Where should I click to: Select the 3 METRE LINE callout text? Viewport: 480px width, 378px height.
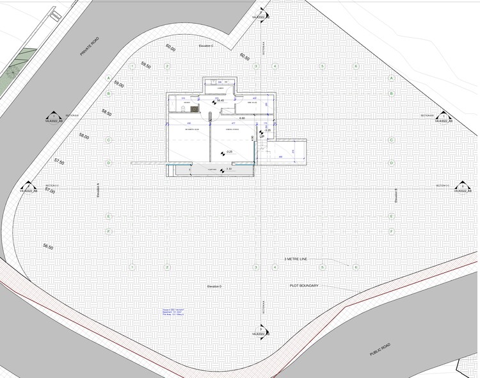pos(296,259)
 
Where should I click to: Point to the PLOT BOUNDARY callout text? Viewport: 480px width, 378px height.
pos(305,286)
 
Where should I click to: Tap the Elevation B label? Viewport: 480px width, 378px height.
pos(397,196)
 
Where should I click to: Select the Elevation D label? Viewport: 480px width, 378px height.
pos(211,286)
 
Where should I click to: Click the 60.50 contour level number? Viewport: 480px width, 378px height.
pos(244,56)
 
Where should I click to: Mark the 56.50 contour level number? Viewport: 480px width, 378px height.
pos(47,246)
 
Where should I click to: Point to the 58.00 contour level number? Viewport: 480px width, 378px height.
pos(83,136)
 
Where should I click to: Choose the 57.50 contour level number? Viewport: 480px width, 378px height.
pos(59,162)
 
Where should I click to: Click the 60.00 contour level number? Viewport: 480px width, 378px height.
pos(170,47)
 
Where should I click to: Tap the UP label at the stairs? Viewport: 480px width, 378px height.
pos(262,136)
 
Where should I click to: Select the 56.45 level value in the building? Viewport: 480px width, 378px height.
pos(220,101)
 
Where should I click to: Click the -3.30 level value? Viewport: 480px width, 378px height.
pos(228,168)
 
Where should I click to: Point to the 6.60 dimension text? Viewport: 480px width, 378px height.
pos(241,119)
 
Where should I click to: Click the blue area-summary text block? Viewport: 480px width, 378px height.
pos(172,312)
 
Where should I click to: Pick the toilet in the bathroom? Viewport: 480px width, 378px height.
pos(184,110)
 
